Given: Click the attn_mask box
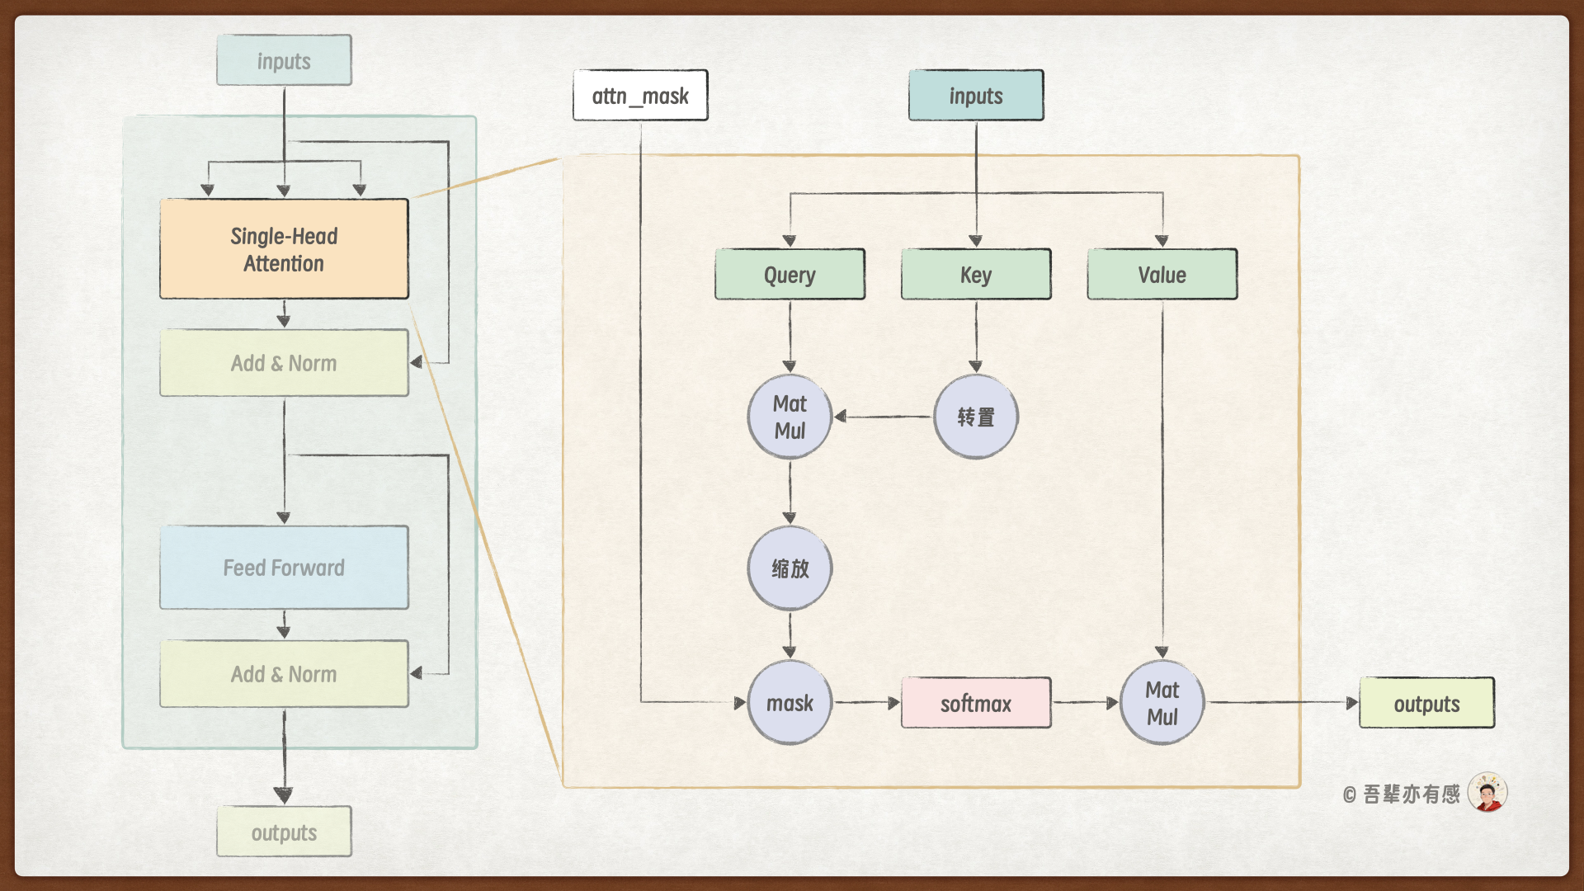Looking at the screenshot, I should (x=640, y=96).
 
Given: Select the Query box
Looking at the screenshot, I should (x=790, y=274).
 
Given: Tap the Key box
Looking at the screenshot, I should (x=976, y=274).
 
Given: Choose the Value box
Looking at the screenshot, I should (x=1162, y=274).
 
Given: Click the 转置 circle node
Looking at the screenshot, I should (x=976, y=417).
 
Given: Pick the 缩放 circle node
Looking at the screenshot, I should (x=790, y=568).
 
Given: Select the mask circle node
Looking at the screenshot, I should (x=790, y=703).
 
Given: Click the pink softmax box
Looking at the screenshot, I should (x=976, y=703).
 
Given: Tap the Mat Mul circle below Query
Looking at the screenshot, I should (x=790, y=417).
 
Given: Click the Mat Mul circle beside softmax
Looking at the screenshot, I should (x=1162, y=703).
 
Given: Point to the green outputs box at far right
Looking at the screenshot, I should (x=1426, y=703).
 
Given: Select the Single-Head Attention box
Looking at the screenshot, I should (x=284, y=249).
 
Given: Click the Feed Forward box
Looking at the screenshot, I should (x=284, y=568).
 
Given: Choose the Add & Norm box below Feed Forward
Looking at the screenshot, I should (x=284, y=674).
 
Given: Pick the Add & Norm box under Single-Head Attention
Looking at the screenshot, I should (x=284, y=363).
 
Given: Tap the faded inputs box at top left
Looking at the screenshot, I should (x=284, y=60).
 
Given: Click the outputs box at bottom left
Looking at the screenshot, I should (x=284, y=832).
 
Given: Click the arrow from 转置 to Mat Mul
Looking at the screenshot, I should (x=882, y=417).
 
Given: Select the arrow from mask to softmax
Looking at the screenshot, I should (x=866, y=703).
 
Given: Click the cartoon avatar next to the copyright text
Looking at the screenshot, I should (x=1487, y=793).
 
